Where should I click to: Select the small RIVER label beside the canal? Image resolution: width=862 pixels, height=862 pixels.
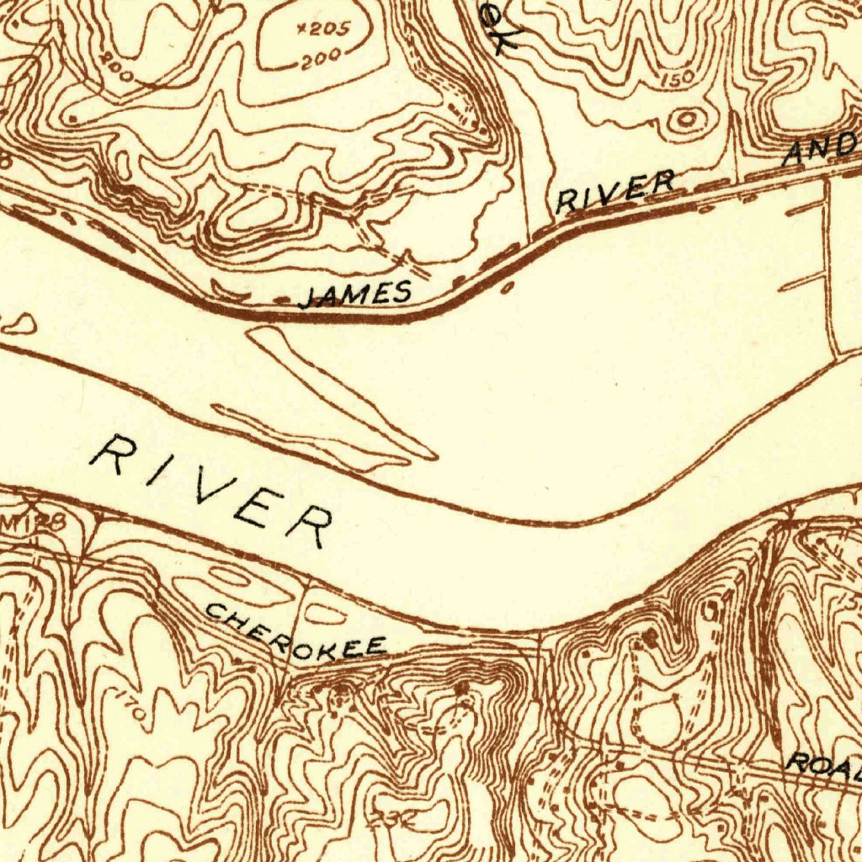[x=615, y=192]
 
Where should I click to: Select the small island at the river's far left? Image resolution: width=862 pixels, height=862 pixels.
[x=19, y=322]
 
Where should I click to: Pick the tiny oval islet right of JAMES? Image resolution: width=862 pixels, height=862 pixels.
[x=507, y=289]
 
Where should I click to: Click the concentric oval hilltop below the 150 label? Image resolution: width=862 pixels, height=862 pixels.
[x=686, y=120]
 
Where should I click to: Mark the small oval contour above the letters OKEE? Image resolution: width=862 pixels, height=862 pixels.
[x=325, y=615]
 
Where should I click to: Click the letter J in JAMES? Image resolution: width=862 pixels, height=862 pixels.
[x=310, y=299]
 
